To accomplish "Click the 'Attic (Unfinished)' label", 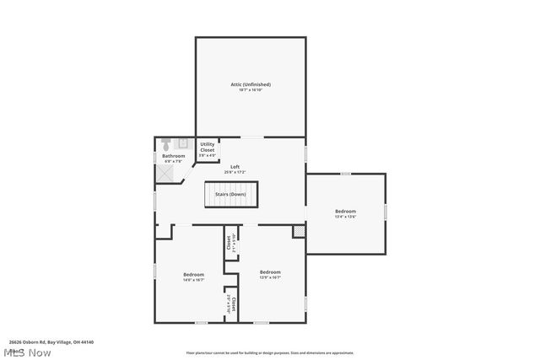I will [x=251, y=84].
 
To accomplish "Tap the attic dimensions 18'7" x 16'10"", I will [x=251, y=90].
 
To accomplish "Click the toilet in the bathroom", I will [x=166, y=144].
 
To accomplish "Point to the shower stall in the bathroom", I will [x=166, y=172].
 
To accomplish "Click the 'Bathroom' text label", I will [x=174, y=156].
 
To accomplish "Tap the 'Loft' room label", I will [x=235, y=167].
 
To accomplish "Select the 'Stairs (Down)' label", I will [x=230, y=195].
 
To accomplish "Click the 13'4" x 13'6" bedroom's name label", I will [x=345, y=211].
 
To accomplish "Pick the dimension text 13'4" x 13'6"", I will [x=345, y=217].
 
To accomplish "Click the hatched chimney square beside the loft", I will [x=299, y=231].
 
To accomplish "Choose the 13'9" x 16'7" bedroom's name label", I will [x=270, y=271].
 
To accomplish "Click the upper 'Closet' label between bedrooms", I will [x=229, y=243].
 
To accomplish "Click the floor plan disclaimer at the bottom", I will [x=270, y=353].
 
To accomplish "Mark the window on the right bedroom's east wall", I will [x=386, y=212].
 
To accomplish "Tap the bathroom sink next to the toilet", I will [x=180, y=144].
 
